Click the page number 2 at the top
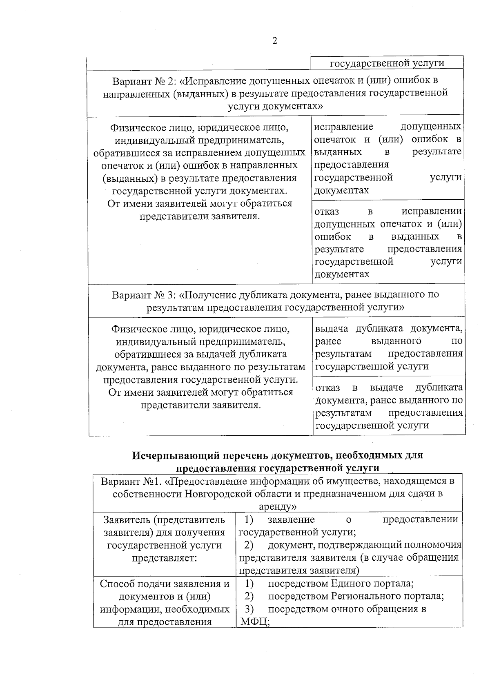pos(274,41)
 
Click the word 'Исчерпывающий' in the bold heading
pos(169,455)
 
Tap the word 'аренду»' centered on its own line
pos(278,506)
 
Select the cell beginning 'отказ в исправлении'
pos(388,242)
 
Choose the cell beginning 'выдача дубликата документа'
pos(389,347)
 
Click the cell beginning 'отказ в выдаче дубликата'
pos(389,406)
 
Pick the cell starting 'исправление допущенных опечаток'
pos(388,158)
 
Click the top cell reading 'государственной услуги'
pos(387,63)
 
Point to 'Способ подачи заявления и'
pos(165,584)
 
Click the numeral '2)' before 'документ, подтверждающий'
pos(249,545)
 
